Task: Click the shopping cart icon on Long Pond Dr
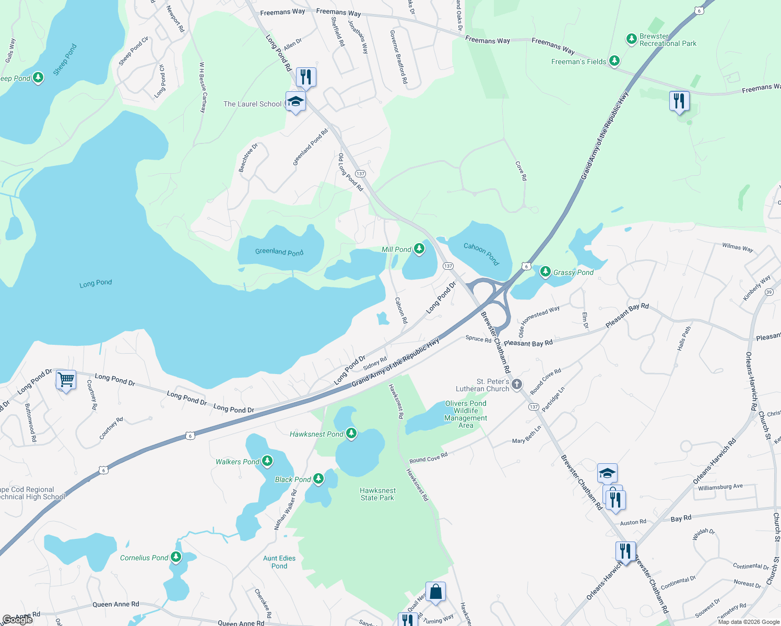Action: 66,380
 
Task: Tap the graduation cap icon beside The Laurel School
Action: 295,101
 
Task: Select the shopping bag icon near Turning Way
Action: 435,592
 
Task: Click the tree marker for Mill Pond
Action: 419,249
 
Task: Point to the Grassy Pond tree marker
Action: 545,272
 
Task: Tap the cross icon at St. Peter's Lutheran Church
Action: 516,384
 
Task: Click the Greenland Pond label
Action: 279,252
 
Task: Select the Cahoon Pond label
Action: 481,254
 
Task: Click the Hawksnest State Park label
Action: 377,494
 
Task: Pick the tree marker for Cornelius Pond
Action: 176,557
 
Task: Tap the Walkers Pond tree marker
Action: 267,461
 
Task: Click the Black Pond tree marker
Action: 318,479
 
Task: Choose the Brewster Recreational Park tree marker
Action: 632,39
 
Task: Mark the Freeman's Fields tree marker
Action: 614,61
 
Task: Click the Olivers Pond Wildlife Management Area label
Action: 466,414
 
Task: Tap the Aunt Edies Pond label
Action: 279,562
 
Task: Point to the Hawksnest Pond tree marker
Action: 351,434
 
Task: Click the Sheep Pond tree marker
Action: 38,78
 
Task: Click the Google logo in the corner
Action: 18,620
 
